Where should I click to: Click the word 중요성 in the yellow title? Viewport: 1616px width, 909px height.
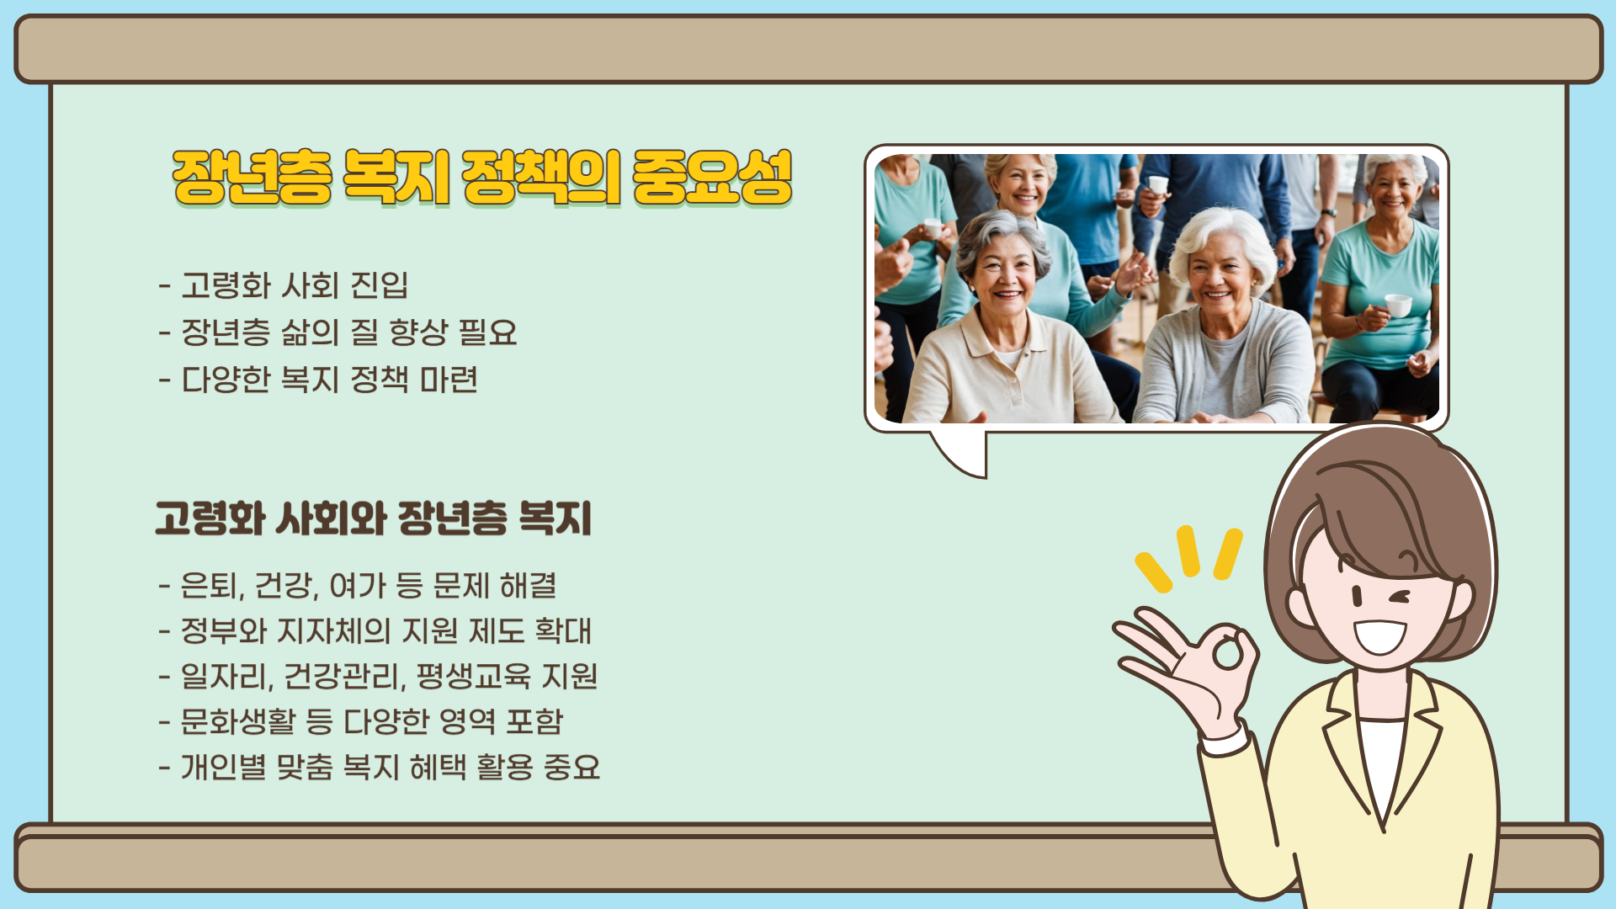(x=712, y=178)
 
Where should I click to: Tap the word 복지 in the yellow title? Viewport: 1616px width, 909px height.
(x=396, y=178)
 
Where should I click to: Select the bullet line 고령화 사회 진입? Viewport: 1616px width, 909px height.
(x=284, y=285)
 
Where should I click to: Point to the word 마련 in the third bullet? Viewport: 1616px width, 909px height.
(x=449, y=380)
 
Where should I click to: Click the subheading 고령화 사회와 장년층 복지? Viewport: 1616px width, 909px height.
(x=374, y=518)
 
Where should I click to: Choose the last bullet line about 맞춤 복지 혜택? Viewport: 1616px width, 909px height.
(x=380, y=767)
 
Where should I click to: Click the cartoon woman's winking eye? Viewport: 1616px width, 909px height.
(x=1401, y=598)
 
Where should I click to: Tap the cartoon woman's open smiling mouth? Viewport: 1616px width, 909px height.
(x=1380, y=636)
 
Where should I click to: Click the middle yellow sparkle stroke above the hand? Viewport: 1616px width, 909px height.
(x=1188, y=551)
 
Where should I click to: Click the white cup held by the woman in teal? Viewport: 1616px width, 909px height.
(x=1398, y=305)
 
